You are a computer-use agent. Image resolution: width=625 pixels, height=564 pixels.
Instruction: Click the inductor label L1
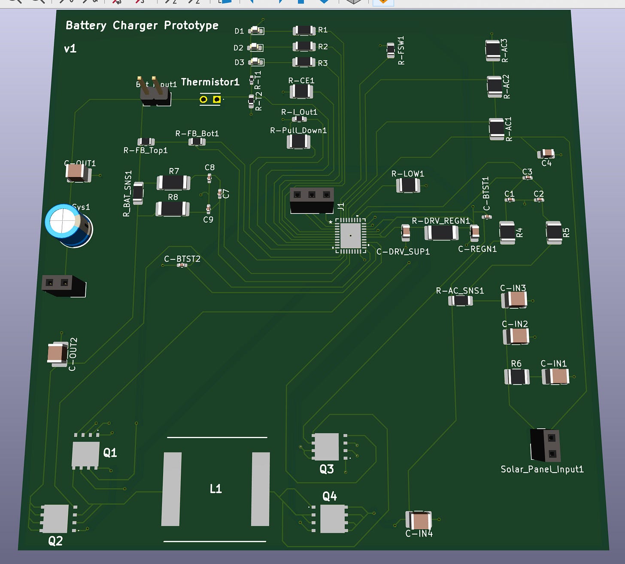[215, 488]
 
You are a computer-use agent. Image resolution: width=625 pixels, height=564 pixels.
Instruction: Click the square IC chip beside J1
[350, 235]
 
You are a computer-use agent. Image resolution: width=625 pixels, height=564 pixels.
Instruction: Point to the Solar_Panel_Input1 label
[542, 469]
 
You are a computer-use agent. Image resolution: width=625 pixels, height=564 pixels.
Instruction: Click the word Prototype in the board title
[191, 25]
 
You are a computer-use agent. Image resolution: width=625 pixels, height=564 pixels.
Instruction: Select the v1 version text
[70, 49]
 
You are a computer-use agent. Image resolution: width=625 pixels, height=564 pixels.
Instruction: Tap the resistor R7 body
[173, 183]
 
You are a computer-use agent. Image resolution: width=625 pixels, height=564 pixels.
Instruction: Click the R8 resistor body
[172, 209]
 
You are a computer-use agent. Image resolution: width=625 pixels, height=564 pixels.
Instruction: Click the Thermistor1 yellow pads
[210, 100]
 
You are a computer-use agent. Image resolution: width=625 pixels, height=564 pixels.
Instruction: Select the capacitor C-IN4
[419, 521]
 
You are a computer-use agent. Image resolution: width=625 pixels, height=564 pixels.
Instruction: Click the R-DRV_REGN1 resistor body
[441, 232]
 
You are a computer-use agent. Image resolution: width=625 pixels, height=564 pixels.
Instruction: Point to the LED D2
[255, 47]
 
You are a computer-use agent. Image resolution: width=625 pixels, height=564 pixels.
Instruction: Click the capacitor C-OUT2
[57, 354]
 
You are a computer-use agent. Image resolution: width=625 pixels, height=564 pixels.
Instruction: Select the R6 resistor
[516, 377]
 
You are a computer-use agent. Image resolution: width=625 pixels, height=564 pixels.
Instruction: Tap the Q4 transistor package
[333, 518]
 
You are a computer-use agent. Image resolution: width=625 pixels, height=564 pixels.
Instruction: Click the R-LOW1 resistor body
[407, 186]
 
